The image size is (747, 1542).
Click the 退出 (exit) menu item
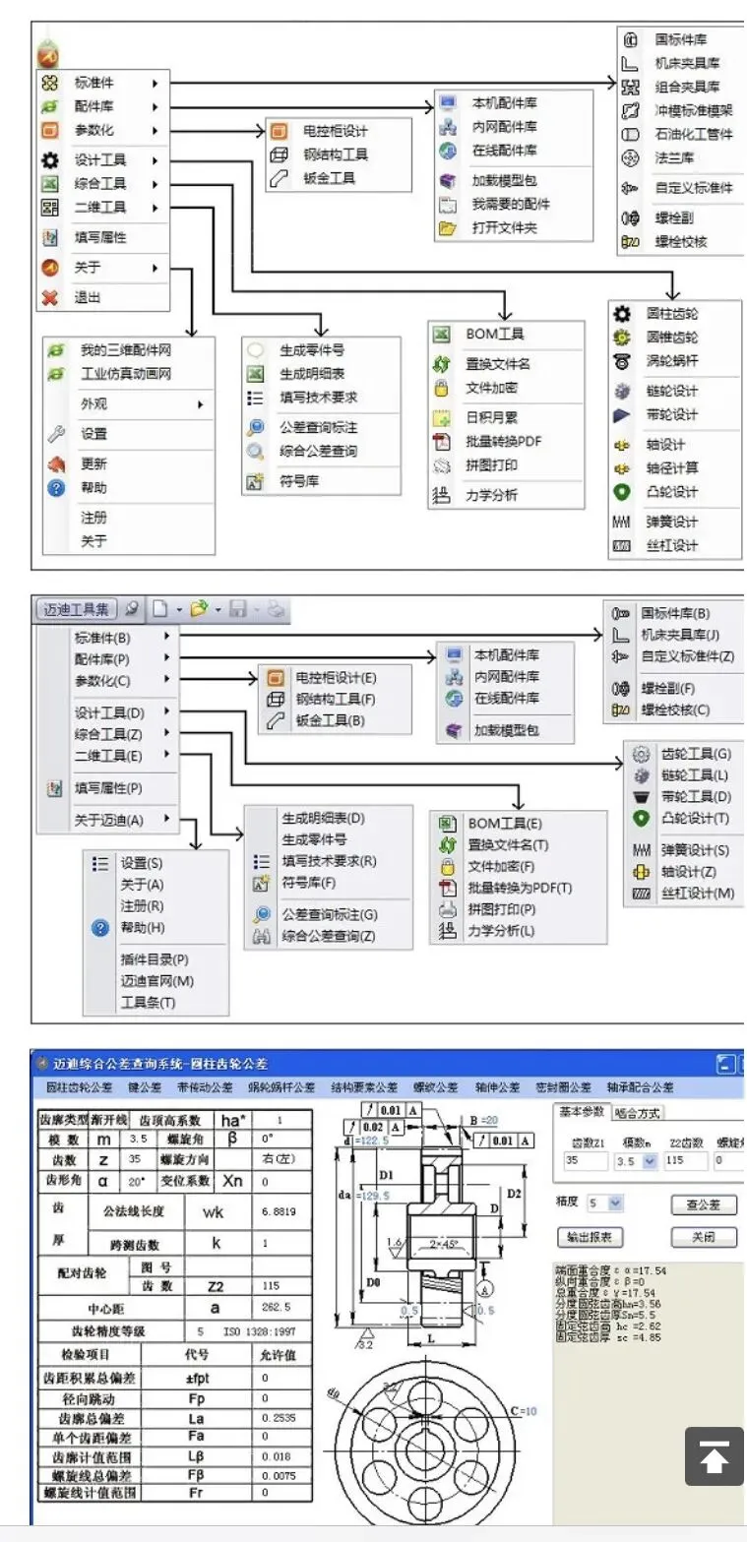88,297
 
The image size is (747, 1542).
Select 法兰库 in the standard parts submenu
675,157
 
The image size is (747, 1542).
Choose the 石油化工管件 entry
693,134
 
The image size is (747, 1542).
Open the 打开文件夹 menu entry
504,228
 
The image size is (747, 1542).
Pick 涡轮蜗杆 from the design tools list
672,361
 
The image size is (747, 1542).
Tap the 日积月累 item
491,417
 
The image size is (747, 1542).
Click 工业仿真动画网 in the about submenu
125,374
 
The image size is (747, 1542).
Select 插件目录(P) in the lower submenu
154,959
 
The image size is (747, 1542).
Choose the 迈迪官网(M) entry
156,981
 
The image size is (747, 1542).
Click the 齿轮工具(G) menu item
695,754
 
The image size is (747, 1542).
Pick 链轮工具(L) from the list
694,775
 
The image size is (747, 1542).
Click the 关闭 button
703,1237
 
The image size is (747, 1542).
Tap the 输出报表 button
591,1237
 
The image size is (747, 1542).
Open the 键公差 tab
145,1087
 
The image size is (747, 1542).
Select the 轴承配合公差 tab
641,1087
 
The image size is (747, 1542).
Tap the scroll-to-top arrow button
714,1455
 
